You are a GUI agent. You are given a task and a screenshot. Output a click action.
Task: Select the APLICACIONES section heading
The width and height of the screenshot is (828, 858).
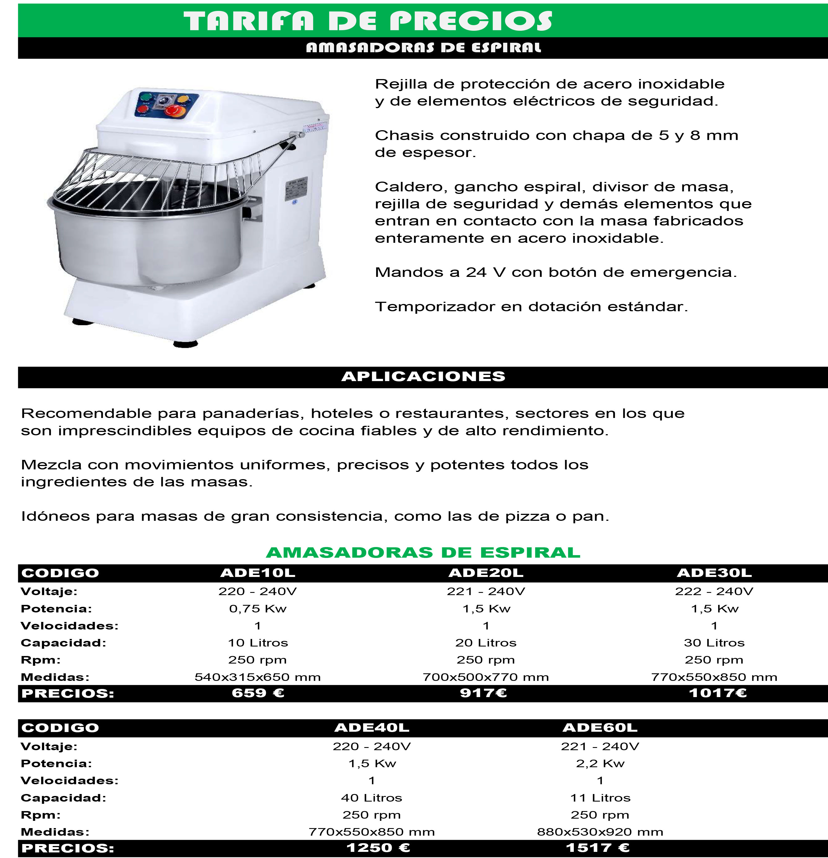tap(423, 376)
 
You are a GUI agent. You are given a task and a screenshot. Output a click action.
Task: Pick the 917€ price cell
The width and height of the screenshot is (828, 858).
tap(484, 693)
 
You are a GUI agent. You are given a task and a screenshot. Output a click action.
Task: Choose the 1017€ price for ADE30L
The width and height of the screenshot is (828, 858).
tap(718, 693)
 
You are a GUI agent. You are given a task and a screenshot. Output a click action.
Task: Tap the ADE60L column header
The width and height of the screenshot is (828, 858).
tap(600, 728)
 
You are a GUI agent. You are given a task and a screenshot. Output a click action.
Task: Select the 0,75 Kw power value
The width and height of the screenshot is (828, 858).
tap(258, 609)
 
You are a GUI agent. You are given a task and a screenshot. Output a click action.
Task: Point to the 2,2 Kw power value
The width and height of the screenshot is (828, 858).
tap(600, 764)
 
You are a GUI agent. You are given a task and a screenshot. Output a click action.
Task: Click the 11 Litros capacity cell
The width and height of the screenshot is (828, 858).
tap(600, 798)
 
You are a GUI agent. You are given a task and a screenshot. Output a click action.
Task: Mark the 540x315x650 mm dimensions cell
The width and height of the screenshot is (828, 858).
tap(258, 677)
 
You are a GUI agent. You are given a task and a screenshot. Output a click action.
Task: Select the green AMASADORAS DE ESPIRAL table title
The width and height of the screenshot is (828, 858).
tap(423, 552)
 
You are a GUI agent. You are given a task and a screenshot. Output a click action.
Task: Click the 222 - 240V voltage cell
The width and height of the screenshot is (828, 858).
tap(714, 591)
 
